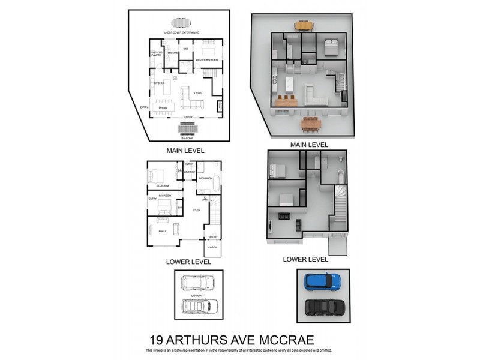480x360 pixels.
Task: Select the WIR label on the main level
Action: pos(186,47)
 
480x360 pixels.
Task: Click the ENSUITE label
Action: pos(173,54)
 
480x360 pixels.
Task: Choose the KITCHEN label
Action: pos(159,83)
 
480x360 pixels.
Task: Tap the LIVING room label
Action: pos(197,93)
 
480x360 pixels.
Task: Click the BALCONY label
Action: pos(185,139)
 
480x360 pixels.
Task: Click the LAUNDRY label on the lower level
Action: pos(190,172)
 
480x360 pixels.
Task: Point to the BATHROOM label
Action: pos(206,178)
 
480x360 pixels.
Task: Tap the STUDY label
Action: pos(196,210)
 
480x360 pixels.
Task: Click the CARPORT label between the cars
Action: pos(198,295)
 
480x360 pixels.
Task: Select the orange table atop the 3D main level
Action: pos(304,26)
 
